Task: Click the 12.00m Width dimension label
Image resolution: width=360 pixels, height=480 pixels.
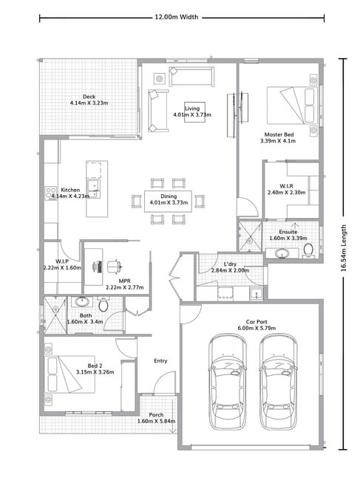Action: click(176, 17)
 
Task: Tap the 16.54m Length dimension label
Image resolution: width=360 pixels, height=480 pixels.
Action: click(344, 248)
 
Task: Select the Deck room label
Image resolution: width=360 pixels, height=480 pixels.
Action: click(89, 97)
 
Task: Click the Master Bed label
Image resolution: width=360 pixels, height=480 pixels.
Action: click(279, 134)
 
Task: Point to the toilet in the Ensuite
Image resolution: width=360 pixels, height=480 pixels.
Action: click(308, 250)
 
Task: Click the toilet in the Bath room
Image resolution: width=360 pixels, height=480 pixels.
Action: click(103, 304)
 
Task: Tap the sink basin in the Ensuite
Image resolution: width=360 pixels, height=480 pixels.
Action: click(282, 253)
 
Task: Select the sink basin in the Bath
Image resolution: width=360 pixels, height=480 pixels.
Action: click(81, 301)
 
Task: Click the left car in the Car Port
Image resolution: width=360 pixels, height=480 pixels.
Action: click(228, 382)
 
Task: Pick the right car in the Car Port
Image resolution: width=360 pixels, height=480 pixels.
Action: click(279, 382)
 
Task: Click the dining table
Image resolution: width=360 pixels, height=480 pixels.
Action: click(169, 201)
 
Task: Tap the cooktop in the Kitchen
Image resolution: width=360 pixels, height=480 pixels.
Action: click(50, 193)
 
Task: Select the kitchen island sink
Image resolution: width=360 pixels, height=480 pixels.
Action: click(93, 188)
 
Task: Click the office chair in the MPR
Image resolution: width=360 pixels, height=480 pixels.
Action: click(115, 267)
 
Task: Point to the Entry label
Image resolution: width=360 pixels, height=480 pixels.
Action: click(160, 361)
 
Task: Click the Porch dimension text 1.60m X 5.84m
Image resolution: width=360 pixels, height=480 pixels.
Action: click(156, 421)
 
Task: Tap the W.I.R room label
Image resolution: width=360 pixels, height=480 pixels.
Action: click(286, 186)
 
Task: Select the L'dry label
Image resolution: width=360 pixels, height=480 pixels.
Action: click(230, 264)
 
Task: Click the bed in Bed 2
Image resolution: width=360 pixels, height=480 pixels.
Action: click(69, 374)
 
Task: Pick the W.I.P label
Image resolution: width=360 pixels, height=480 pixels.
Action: click(62, 261)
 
